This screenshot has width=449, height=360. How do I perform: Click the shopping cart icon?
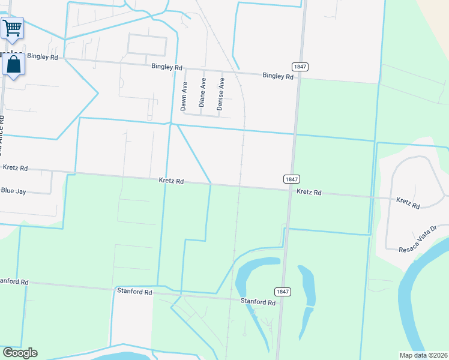12,27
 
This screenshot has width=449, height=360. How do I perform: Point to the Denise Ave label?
220,94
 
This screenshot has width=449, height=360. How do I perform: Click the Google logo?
20,353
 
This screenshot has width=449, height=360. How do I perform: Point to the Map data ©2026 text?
423,355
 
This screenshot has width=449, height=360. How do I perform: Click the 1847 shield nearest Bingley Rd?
300,66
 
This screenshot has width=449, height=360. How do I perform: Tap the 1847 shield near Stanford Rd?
283,292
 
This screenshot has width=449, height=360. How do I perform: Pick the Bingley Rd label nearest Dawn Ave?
167,68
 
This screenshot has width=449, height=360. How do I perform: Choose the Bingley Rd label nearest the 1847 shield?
278,76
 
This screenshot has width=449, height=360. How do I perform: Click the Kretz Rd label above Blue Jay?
16,168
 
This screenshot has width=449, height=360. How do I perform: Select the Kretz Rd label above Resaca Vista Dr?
408,202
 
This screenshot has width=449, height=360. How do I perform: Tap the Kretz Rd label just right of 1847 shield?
309,193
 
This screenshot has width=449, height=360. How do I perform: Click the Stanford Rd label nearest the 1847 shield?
258,302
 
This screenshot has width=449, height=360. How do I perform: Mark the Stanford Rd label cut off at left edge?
14,281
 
